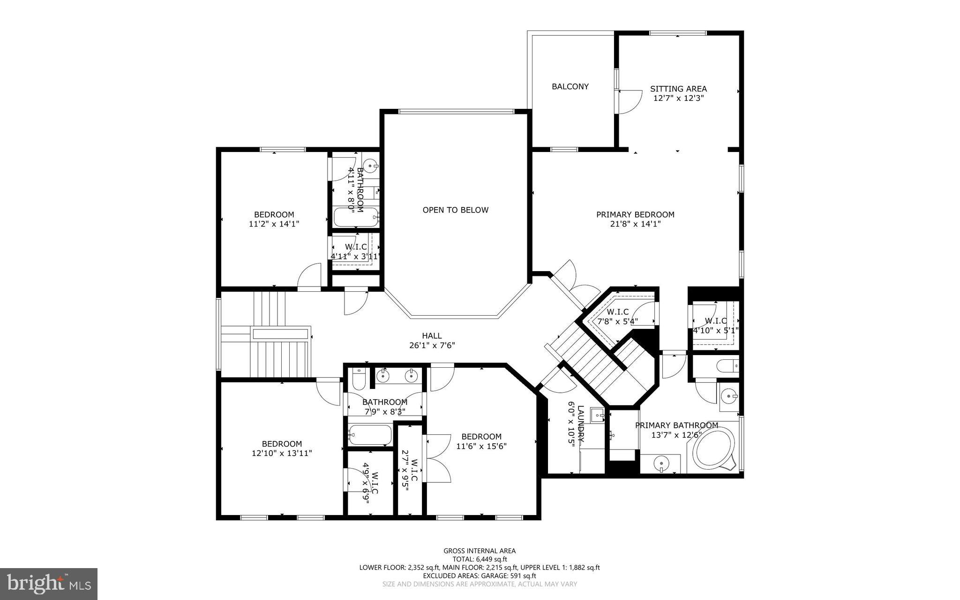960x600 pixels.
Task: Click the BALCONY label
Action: coord(570,86)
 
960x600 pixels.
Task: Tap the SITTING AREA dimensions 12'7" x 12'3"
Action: coord(678,99)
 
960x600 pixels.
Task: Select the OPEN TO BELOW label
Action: coord(455,210)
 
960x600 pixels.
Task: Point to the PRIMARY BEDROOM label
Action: coord(635,214)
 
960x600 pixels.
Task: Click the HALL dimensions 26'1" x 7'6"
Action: coord(432,345)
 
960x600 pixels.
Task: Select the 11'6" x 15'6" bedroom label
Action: coord(481,441)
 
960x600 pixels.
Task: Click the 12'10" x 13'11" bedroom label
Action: coord(282,448)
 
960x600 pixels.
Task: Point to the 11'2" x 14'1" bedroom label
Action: coord(274,220)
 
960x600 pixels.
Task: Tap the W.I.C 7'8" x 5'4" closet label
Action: coord(617,317)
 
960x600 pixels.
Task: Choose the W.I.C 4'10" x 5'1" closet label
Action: coord(716,326)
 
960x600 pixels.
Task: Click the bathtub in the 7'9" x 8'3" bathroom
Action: coord(370,435)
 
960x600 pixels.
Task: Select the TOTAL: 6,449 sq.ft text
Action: coord(480,559)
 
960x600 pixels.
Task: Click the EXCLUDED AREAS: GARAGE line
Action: coord(480,576)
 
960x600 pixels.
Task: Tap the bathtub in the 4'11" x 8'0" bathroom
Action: coord(355,218)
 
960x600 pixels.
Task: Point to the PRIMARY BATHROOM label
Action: coord(676,425)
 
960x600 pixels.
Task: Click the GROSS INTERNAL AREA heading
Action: coord(480,551)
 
